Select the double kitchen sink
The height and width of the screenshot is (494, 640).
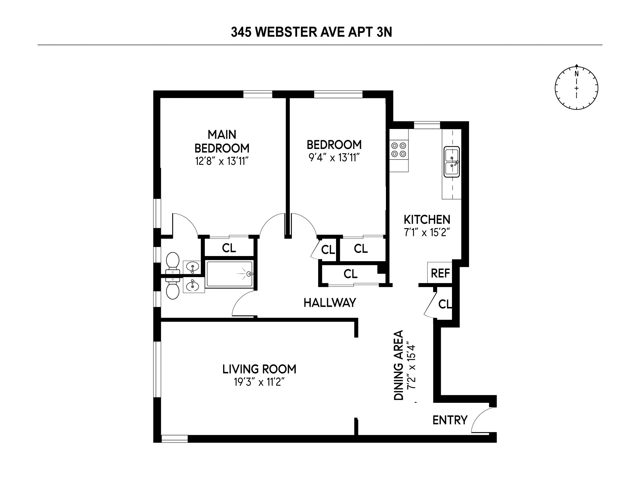[452, 162]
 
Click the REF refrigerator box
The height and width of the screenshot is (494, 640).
[440, 273]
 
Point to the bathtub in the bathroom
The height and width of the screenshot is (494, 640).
[229, 274]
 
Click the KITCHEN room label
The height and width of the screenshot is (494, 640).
[427, 220]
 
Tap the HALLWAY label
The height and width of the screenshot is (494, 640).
[330, 303]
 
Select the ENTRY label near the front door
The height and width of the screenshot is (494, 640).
[450, 420]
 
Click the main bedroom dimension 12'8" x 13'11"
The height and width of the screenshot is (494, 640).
[222, 161]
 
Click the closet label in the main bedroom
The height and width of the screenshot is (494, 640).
[229, 248]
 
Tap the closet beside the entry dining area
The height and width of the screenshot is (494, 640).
[444, 304]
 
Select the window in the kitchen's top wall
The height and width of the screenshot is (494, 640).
[427, 125]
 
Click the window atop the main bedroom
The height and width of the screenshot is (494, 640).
[258, 94]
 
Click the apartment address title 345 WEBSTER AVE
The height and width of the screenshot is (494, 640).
[311, 32]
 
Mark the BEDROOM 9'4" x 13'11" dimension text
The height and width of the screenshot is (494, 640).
[334, 158]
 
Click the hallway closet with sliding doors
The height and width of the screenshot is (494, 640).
[351, 274]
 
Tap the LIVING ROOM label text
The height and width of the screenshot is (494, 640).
[259, 369]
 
